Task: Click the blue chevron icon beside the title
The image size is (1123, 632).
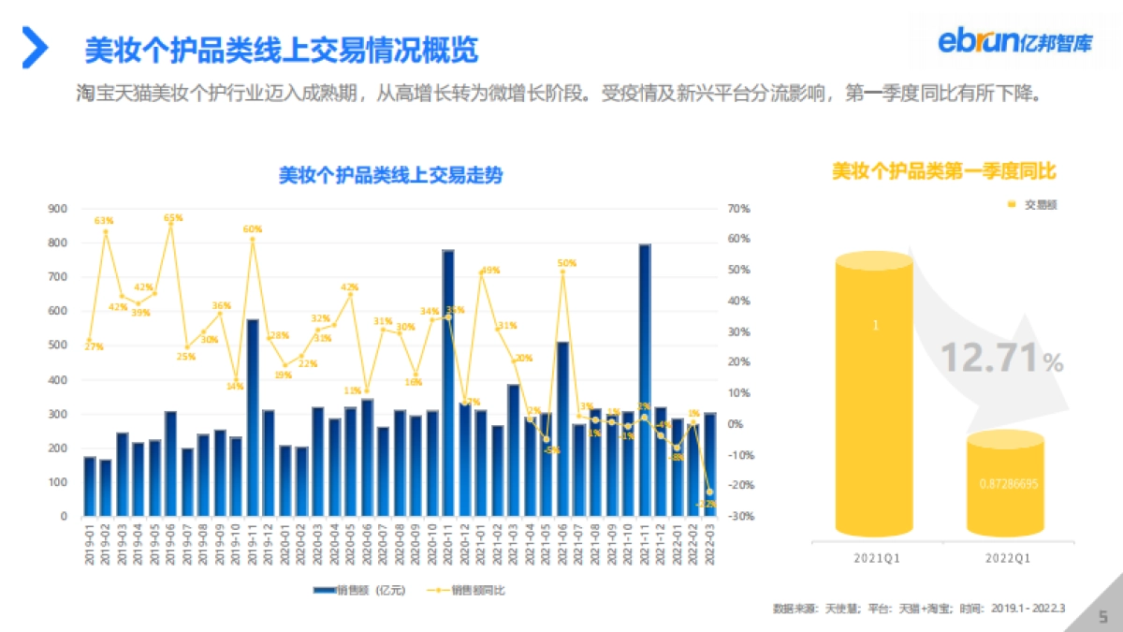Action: (x=35, y=48)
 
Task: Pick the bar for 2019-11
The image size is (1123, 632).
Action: (x=253, y=417)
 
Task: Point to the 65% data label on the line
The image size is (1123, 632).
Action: (x=173, y=217)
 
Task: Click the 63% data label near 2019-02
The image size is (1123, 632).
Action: (x=104, y=221)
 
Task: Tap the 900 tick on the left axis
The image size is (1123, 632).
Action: (x=57, y=209)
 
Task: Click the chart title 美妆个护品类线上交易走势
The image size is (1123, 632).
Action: (x=390, y=175)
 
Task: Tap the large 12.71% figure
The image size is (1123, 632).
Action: (x=1001, y=358)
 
